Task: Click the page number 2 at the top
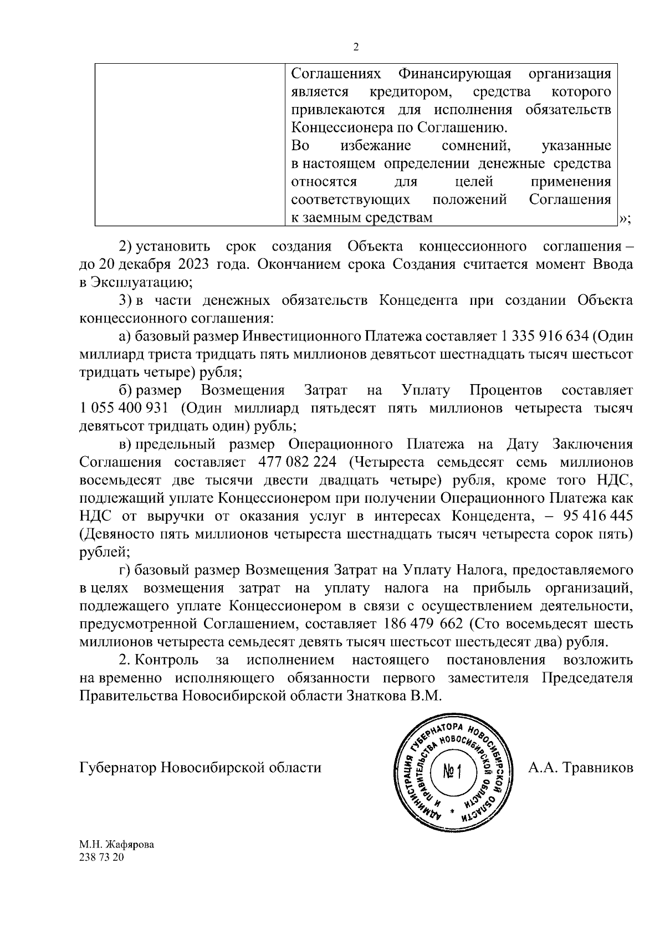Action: coord(356,47)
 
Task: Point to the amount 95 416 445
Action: coord(597,516)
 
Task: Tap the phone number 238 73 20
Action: coord(102,857)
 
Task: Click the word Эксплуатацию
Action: coord(136,282)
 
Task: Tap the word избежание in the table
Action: coord(376,146)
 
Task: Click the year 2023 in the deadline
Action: coord(193,264)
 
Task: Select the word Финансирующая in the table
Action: coord(454,74)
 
